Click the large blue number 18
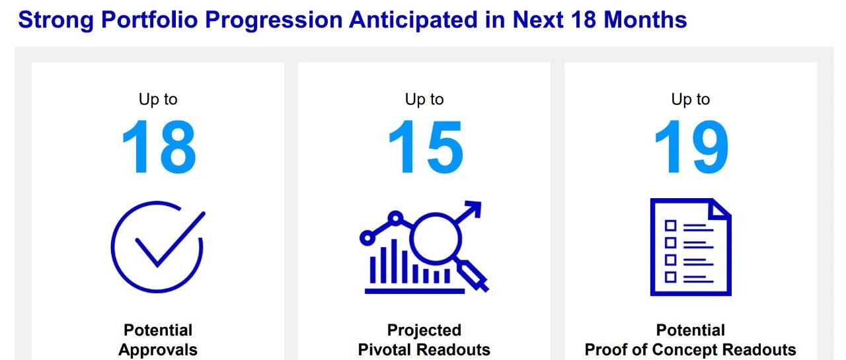(159, 147)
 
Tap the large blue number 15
(426, 147)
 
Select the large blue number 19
(691, 147)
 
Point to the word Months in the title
(645, 20)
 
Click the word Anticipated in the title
(413, 20)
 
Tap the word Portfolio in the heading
(149, 20)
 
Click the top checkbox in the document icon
(670, 226)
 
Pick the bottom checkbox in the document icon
(670, 277)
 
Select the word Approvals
(158, 350)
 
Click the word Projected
(424, 330)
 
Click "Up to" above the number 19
(691, 100)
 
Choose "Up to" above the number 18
(158, 100)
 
